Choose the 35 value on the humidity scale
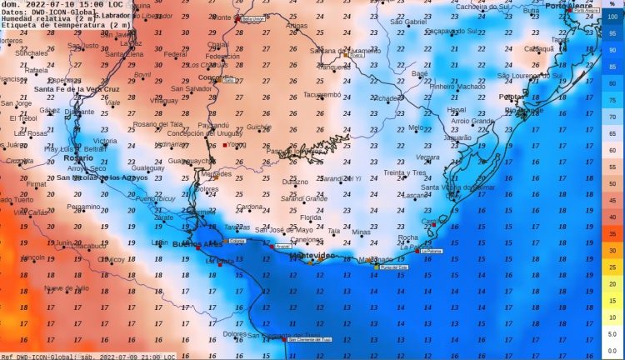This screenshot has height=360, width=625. (612, 234)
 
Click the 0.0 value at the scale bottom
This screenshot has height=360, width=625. (612, 350)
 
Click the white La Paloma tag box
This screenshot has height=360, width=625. (430, 250)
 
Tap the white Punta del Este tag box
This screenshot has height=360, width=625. (395, 267)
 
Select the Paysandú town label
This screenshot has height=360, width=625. (212, 125)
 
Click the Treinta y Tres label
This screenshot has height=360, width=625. (405, 172)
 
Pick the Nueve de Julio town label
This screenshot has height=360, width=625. (66, 287)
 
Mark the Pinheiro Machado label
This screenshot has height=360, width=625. (457, 86)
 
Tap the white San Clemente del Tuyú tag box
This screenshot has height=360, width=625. (309, 339)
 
